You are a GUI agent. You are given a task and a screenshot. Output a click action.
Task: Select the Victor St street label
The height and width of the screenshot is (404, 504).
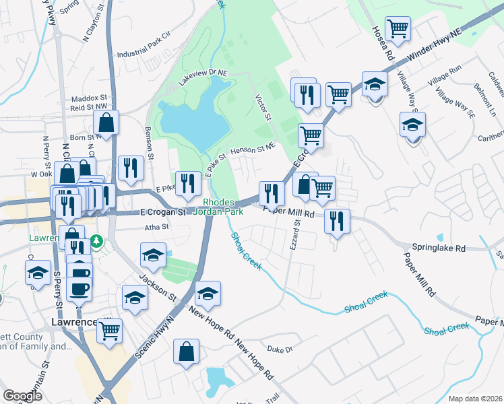[x=263, y=108]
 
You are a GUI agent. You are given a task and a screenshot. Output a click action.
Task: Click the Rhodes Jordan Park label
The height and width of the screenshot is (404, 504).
[x=218, y=207]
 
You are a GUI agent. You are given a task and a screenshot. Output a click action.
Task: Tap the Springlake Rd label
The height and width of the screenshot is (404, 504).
[x=440, y=248]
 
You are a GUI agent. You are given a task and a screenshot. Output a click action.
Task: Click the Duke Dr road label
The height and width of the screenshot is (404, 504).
[x=280, y=349]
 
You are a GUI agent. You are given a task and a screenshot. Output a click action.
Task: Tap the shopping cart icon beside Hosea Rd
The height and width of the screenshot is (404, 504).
[x=398, y=29]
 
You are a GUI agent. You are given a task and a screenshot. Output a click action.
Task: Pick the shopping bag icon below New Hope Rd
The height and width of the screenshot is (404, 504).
[x=186, y=352]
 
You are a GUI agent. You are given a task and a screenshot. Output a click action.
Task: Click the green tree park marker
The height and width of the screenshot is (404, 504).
[x=96, y=240]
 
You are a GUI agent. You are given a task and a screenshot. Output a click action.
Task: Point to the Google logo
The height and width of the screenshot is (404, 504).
[x=22, y=396]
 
